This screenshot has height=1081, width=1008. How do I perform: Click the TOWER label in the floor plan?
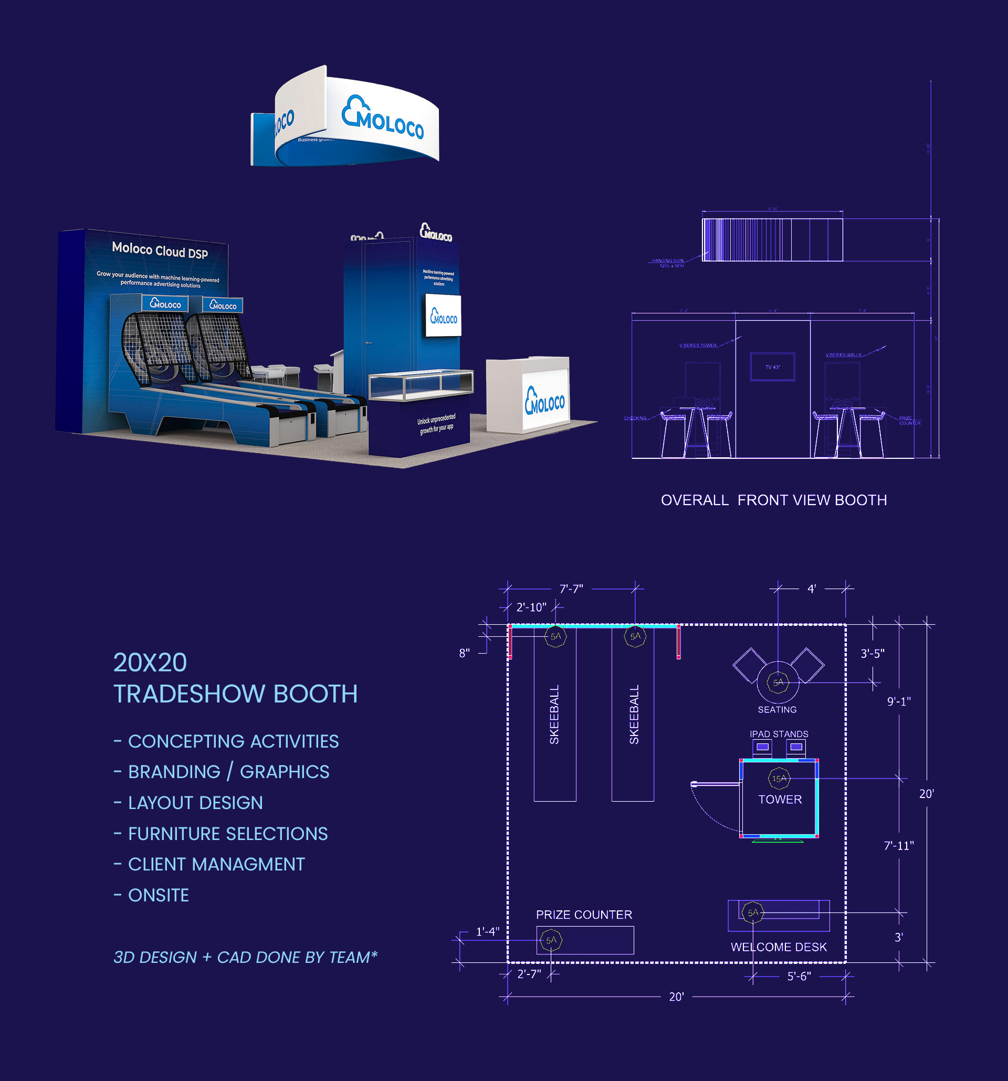[x=780, y=799]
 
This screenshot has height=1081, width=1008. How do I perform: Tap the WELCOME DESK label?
[x=779, y=947]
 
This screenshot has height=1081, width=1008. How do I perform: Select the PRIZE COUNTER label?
[x=584, y=915]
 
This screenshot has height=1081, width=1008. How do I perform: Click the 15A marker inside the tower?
[x=779, y=779]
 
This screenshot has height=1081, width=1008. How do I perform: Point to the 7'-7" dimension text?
[x=571, y=589]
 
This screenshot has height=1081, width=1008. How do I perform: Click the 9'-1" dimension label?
[x=899, y=701]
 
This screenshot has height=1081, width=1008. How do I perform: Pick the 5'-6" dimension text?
[x=799, y=976]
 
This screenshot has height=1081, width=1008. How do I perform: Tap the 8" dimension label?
[x=464, y=653]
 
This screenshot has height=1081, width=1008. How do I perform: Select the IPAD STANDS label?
[x=779, y=734]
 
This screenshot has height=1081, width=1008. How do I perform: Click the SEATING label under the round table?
[x=777, y=710]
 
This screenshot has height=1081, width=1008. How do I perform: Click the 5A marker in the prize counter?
[x=551, y=940]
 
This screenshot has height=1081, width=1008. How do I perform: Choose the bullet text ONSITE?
[x=158, y=895]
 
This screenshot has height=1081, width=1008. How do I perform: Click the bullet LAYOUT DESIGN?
[x=195, y=803]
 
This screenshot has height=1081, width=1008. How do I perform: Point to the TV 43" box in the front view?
[x=773, y=367]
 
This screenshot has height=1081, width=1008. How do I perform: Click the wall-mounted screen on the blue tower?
[x=443, y=316]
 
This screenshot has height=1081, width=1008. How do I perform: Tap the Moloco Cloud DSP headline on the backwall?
[x=160, y=250]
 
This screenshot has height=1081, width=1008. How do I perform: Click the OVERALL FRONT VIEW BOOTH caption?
[x=773, y=500]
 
